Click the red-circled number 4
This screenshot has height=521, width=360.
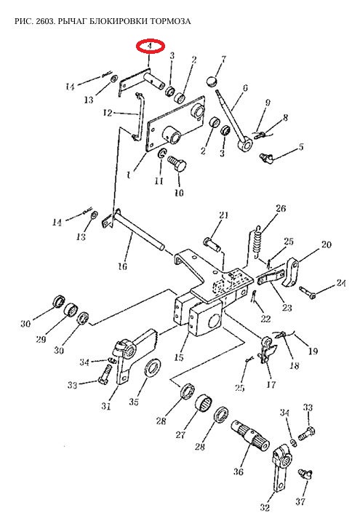[x=151, y=46]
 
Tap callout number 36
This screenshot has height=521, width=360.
[x=238, y=472]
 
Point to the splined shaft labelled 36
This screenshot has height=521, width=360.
[x=249, y=435]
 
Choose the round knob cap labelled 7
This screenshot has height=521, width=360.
[x=211, y=81]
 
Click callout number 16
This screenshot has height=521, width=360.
[x=123, y=266]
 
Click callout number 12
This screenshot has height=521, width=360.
[x=108, y=113]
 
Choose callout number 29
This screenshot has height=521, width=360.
[x=41, y=339]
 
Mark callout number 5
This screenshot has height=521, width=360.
[x=301, y=146]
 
